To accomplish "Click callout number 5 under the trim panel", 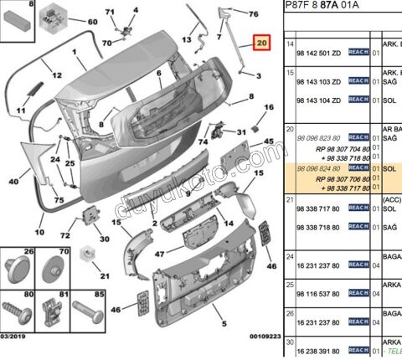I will (223, 324).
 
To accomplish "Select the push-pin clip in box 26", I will (17, 269).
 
